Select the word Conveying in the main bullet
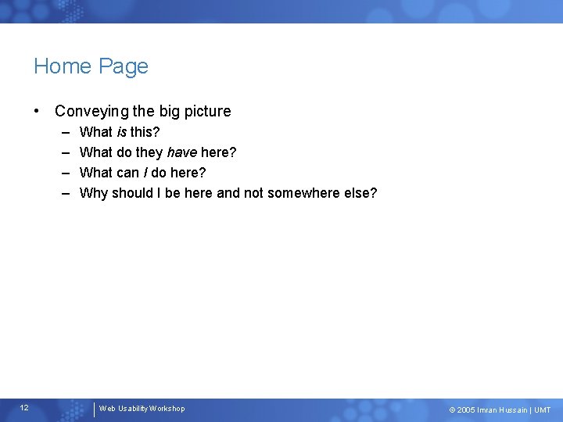[x=88, y=112]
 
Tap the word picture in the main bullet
[x=205, y=112]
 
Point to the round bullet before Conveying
[x=38, y=111]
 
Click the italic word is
[x=122, y=132]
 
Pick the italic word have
[x=181, y=152]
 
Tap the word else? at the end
[x=363, y=193]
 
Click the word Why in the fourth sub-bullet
[x=94, y=193]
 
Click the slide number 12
[x=24, y=408]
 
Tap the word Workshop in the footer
[x=167, y=409]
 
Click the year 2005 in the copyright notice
[x=466, y=410]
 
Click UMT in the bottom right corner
[x=543, y=410]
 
